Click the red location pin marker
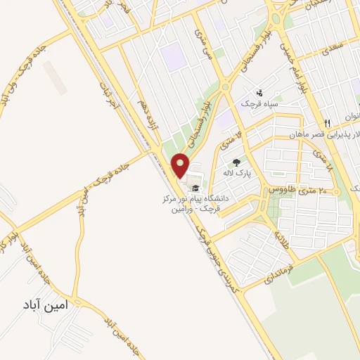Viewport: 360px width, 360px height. pos(181,165)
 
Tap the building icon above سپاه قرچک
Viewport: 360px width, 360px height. pos(259,93)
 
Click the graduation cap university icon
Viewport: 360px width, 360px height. pos(195,188)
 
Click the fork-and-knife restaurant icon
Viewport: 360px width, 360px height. pos(326,105)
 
